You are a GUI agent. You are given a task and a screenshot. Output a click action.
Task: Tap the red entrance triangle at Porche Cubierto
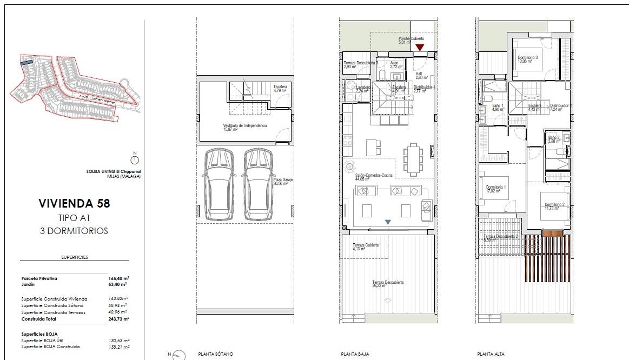[420, 48]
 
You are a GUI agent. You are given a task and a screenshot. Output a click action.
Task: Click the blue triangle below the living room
[387, 222]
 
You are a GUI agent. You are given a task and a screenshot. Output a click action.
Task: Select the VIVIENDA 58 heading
[74, 204]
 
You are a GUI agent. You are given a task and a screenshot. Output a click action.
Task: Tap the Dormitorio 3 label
[527, 57]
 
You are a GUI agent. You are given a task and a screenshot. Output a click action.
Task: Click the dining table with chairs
[414, 159]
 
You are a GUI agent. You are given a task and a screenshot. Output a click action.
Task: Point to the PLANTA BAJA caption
[355, 354]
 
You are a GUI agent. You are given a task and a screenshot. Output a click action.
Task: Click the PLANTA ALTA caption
[491, 354]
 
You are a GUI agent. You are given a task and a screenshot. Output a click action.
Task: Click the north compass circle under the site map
[135, 160]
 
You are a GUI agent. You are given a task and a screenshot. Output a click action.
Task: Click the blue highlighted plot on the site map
[27, 63]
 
